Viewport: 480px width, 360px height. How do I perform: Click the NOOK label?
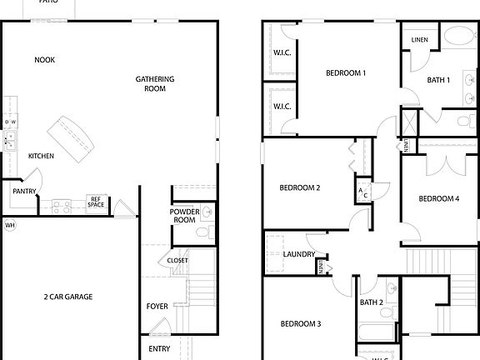tap(45, 59)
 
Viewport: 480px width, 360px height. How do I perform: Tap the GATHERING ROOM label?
tap(155, 83)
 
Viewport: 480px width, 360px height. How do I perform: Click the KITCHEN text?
tap(42, 156)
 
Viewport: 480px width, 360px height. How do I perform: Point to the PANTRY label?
tap(24, 191)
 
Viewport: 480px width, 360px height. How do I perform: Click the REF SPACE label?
tap(97, 201)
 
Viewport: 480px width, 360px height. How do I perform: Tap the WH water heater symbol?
tap(10, 225)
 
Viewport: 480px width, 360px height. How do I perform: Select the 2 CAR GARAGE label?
tap(68, 297)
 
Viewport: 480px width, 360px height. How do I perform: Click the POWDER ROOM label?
tap(183, 216)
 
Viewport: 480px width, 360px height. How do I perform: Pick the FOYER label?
tap(157, 306)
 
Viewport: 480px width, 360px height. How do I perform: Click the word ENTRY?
tap(159, 348)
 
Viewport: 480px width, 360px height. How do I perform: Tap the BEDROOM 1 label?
tap(346, 72)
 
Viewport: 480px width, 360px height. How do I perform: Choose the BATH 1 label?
tap(439, 80)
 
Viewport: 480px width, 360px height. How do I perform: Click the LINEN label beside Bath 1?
tap(420, 39)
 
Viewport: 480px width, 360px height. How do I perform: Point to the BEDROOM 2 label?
tap(300, 187)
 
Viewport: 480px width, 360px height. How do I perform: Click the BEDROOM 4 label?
tap(438, 198)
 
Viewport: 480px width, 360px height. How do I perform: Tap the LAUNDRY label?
tap(298, 254)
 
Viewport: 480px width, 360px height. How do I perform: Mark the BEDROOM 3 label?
tap(300, 323)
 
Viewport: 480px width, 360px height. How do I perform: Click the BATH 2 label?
tap(372, 302)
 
